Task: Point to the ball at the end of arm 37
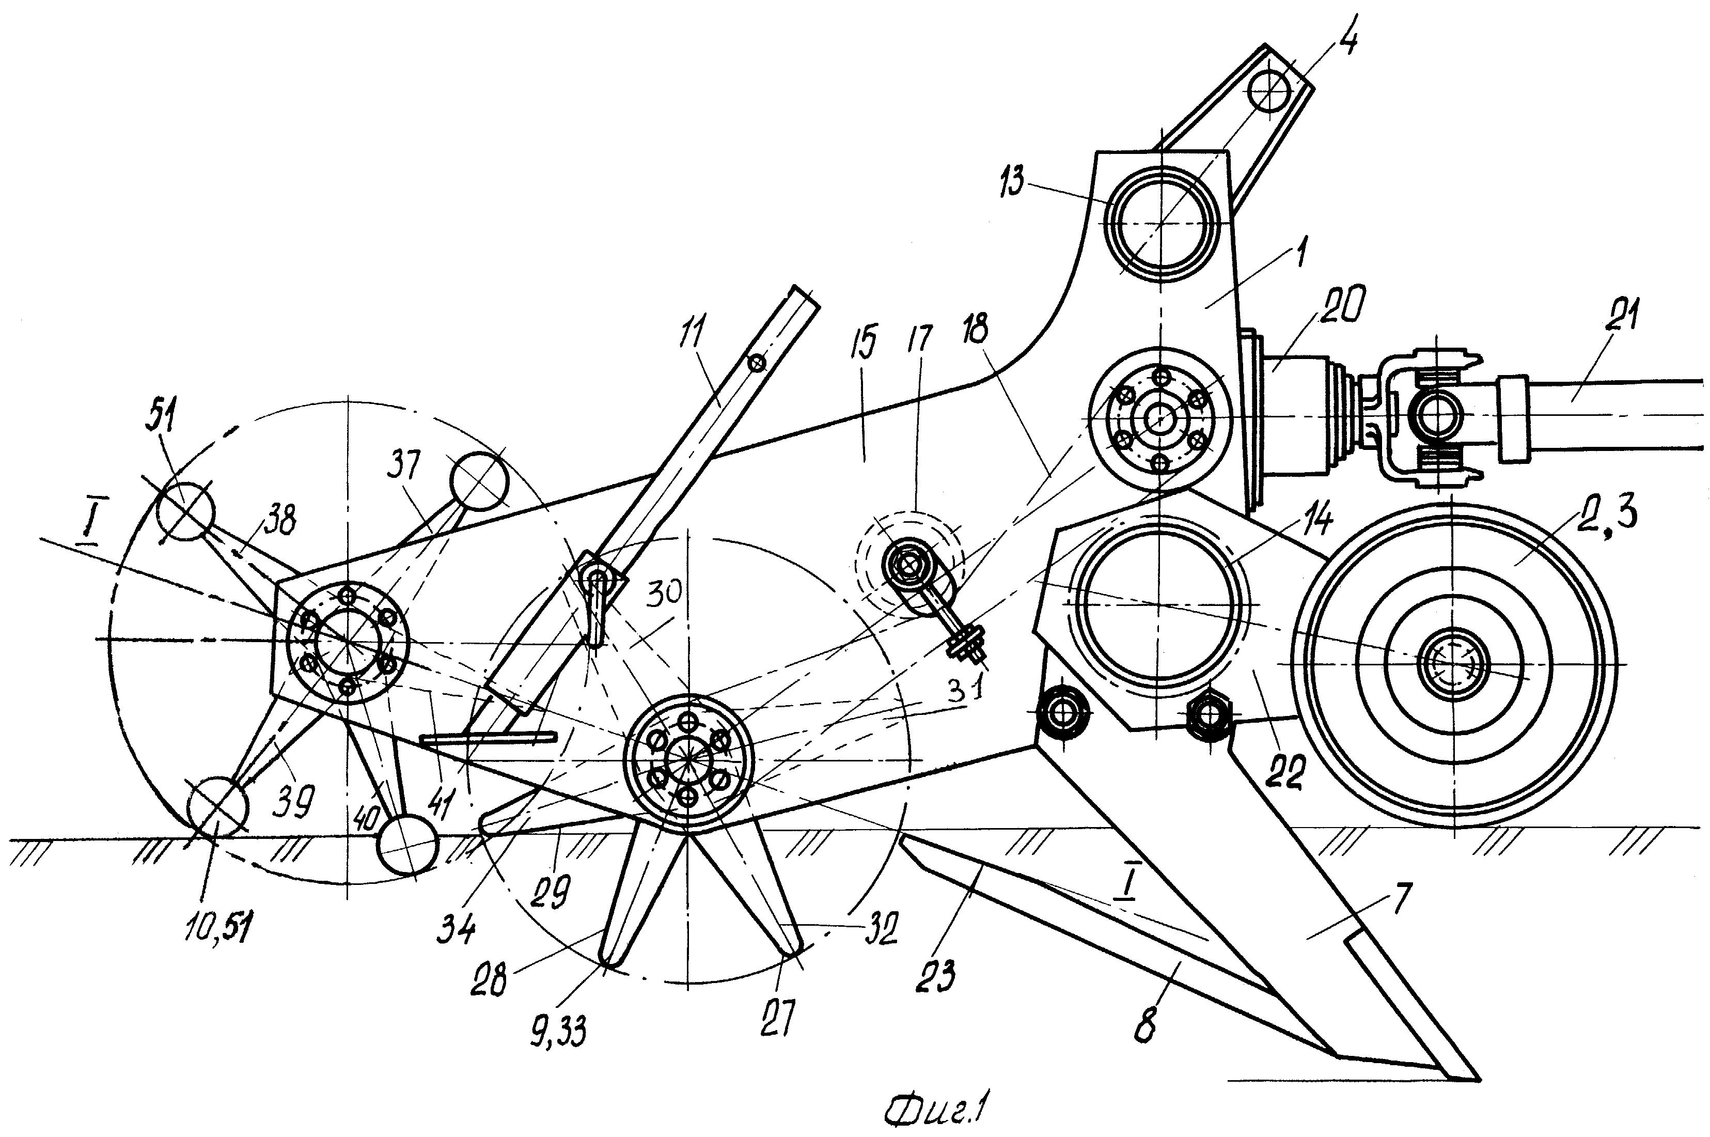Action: pyautogui.click(x=479, y=482)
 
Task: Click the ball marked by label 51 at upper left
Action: pyautogui.click(x=185, y=512)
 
